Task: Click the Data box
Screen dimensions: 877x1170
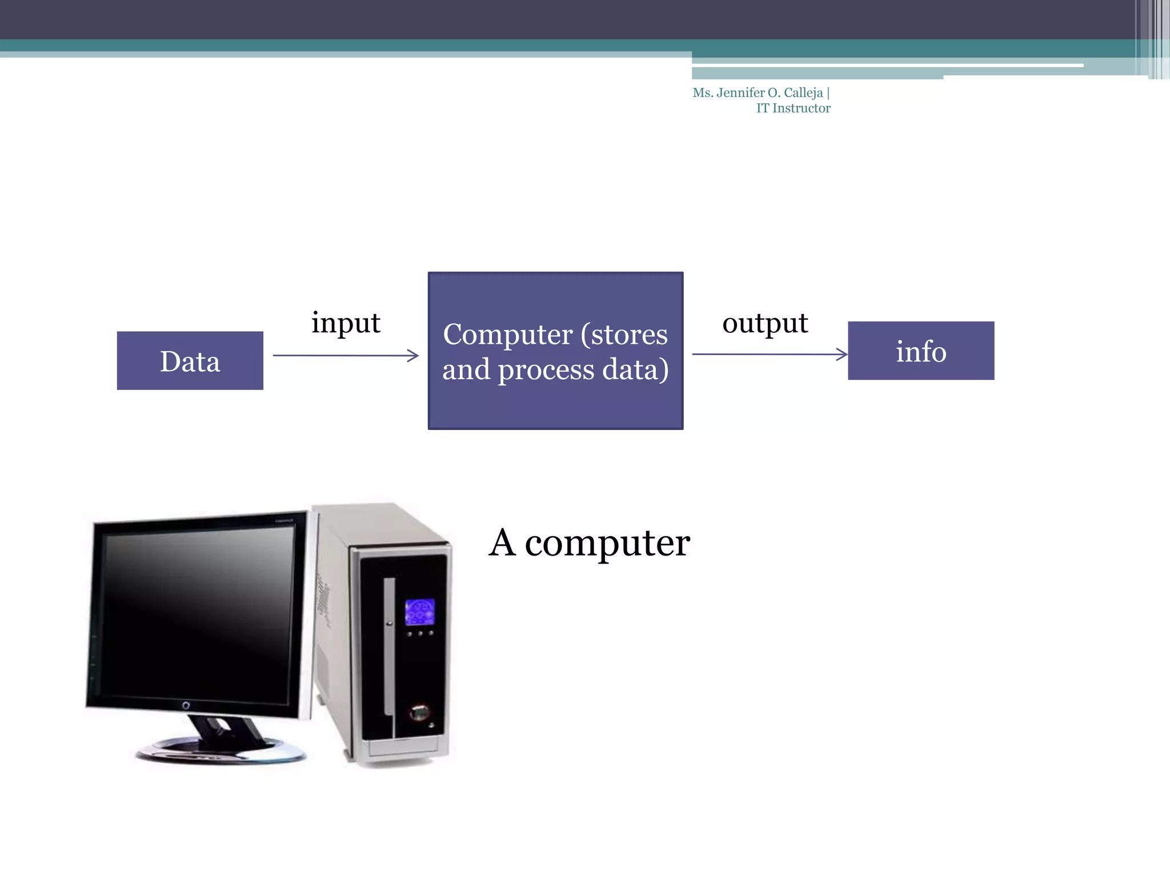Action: coord(190,361)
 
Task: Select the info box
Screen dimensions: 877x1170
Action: coord(920,351)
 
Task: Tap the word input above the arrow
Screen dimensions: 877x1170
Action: coord(346,323)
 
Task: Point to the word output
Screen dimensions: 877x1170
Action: coord(764,323)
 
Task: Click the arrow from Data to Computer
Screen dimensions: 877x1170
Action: coord(345,355)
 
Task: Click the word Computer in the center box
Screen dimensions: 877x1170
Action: coord(507,335)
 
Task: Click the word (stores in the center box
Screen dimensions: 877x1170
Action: coord(624,335)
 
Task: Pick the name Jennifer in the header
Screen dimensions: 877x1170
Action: coord(740,92)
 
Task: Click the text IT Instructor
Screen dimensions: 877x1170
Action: coord(793,108)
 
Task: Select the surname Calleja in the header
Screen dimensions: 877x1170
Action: coord(803,92)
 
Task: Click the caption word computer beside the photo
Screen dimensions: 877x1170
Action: coord(607,544)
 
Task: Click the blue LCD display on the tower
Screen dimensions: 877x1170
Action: coord(419,612)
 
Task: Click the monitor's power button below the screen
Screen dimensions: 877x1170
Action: coord(186,706)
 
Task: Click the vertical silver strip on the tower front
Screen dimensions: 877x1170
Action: coord(389,645)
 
